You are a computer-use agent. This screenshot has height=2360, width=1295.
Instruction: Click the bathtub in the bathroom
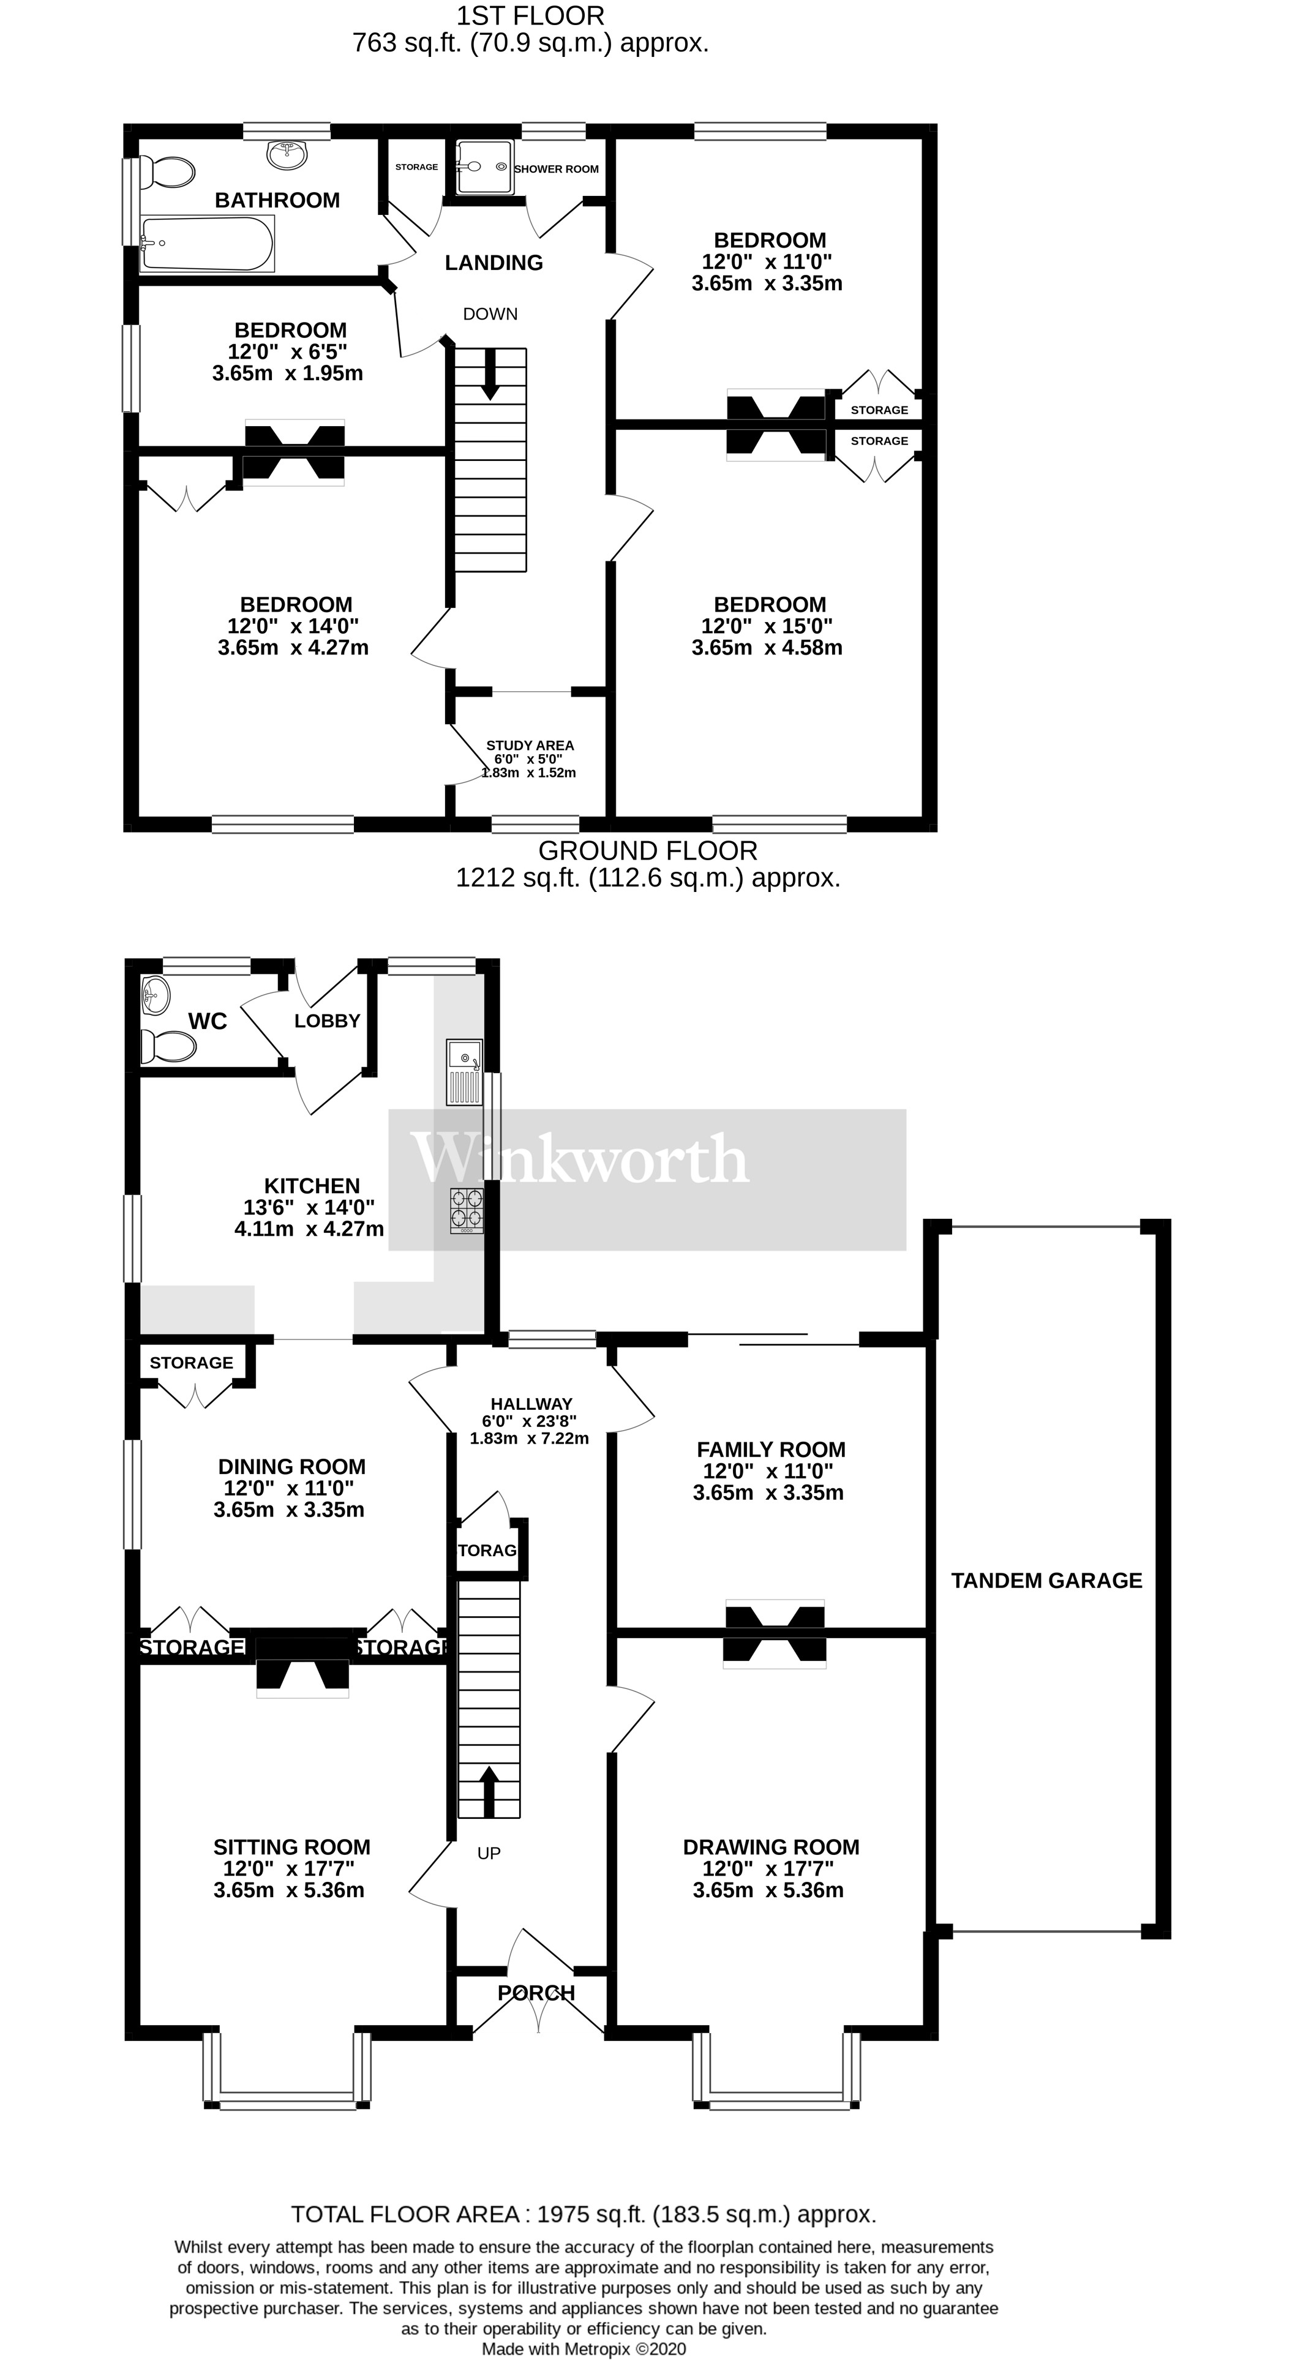207,244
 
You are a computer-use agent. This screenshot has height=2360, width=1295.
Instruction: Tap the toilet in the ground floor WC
168,1046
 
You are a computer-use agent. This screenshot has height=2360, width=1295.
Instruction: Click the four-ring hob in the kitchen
467,1209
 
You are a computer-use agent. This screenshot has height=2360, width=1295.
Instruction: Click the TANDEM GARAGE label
1046,1580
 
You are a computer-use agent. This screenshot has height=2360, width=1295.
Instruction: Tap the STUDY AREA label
530,745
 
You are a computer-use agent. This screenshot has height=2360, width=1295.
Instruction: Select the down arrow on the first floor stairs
490,374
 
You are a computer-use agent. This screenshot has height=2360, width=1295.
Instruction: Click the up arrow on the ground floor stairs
489,1790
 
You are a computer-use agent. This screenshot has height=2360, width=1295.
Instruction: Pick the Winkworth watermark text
579,1160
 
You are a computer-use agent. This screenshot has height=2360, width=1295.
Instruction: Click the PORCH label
536,1993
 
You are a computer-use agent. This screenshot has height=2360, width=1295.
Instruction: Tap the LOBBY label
327,1021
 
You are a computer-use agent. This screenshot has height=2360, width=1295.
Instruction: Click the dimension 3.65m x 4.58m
767,648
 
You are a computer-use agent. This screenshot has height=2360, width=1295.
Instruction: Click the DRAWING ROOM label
771,1847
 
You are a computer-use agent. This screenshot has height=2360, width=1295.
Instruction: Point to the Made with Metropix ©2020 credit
583,2349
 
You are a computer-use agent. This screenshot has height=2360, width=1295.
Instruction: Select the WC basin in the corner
156,995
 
